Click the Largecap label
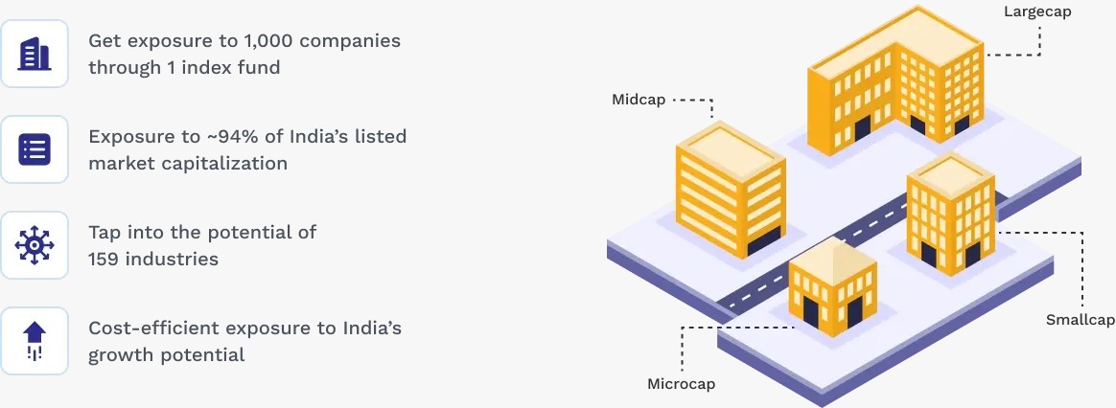(x=1037, y=12)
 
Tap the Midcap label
(x=639, y=100)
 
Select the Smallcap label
(x=1081, y=319)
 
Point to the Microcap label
(x=681, y=384)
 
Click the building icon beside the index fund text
(x=35, y=55)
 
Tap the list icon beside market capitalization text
(x=35, y=149)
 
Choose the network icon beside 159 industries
(x=35, y=245)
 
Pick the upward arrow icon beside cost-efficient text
(x=35, y=341)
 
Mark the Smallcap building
(x=949, y=212)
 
